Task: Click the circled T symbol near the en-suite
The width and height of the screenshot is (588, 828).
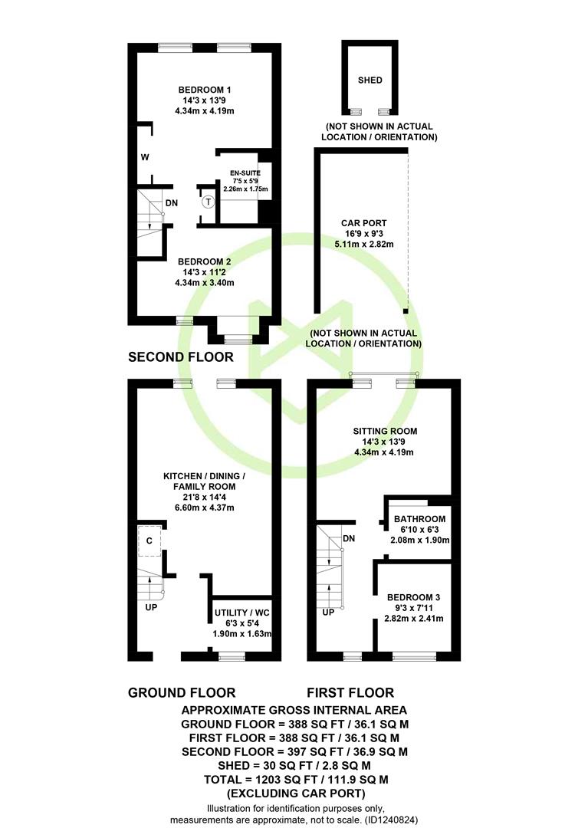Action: point(209,202)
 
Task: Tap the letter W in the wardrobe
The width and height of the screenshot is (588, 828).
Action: point(145,157)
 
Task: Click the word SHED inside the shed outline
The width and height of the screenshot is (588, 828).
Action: point(370,80)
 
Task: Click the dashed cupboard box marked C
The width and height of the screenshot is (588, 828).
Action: point(149,540)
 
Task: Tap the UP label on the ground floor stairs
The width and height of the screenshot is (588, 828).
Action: point(151,607)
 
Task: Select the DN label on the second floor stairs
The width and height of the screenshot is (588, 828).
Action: point(172,202)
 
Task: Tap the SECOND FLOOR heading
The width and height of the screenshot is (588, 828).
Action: point(180,357)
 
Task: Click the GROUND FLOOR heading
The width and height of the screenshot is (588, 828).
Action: point(182,693)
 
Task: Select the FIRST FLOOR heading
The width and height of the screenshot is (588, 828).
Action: point(350,693)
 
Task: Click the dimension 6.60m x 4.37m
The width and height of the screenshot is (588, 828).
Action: point(205,508)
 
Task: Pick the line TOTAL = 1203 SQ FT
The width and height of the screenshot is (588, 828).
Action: point(296,779)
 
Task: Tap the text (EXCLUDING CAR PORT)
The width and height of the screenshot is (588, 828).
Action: point(296,793)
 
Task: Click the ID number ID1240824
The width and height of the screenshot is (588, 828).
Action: point(390,820)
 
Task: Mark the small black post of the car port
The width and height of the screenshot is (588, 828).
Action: point(406,311)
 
